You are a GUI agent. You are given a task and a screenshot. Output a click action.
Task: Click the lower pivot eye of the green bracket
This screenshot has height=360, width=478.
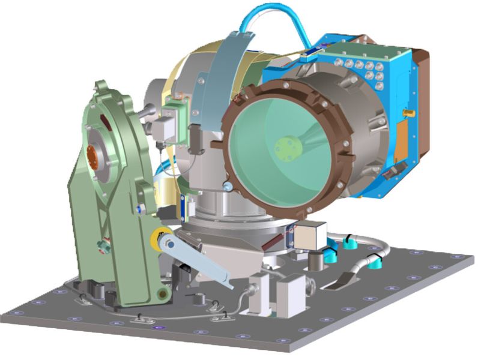162,294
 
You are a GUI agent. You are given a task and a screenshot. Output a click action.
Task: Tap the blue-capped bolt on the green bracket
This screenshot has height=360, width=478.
139,208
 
